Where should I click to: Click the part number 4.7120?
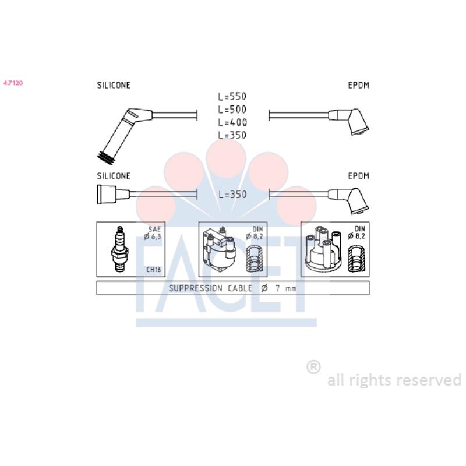(13, 83)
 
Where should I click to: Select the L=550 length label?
(232, 97)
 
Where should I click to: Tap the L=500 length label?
(232, 110)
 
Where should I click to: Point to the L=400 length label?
(232, 122)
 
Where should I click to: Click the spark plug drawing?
(120, 249)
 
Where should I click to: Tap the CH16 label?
(153, 270)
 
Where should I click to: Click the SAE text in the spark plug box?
(154, 229)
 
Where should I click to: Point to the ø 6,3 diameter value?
(153, 236)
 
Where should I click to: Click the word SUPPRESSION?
(196, 288)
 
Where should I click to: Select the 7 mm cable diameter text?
(286, 288)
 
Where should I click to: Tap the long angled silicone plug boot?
(125, 135)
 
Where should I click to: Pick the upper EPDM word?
(358, 85)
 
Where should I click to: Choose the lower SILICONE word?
(114, 176)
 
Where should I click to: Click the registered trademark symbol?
(313, 367)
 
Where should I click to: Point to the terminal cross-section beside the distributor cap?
(356, 259)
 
